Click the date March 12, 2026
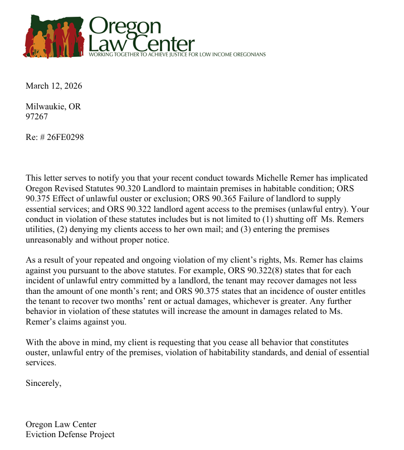53,86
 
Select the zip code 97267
37,117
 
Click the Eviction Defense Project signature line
70,434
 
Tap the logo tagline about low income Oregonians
177,55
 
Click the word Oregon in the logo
125,26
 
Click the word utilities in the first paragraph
40,229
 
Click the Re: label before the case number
33,137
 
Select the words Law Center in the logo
142,43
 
